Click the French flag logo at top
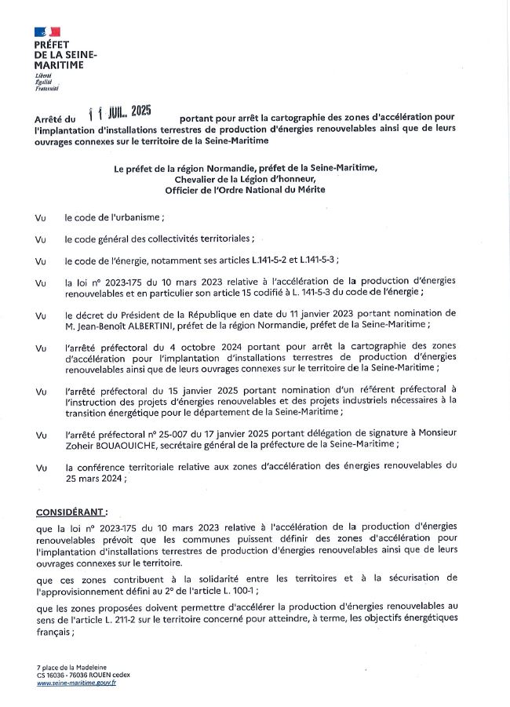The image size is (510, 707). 47,31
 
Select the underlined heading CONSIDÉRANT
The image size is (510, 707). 72,512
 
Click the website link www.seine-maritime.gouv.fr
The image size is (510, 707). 76,683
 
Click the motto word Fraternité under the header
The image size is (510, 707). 46,88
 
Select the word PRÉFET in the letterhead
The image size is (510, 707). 52,46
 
